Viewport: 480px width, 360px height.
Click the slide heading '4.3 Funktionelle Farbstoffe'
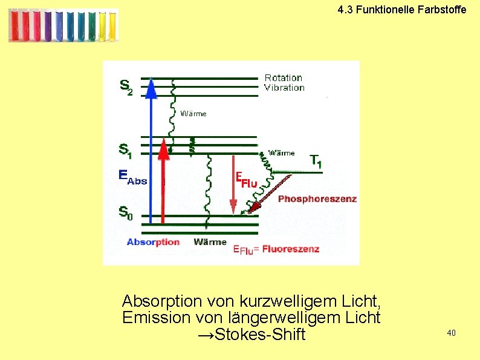point(402,10)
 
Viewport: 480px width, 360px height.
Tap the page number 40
point(452,333)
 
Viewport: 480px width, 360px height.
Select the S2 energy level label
point(126,87)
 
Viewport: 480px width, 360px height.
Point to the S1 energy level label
point(126,150)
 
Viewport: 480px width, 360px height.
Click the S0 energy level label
point(125,213)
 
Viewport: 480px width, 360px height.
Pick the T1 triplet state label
point(316,161)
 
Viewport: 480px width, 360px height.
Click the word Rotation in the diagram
point(283,77)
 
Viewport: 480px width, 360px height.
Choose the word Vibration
point(284,88)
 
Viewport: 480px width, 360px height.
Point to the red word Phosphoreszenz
point(317,198)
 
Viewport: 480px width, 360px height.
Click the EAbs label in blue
point(132,177)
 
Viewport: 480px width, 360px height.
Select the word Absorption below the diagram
point(153,242)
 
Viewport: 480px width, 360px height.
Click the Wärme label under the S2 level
point(193,113)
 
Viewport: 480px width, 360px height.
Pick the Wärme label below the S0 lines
point(210,242)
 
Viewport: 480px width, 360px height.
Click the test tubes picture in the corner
point(63,25)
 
